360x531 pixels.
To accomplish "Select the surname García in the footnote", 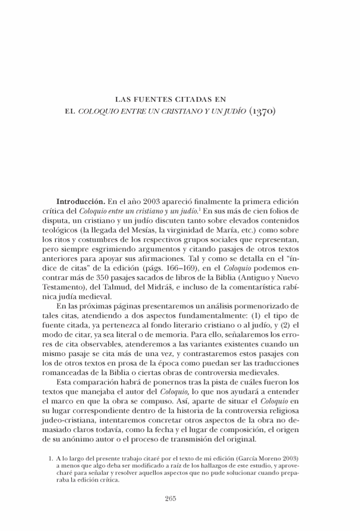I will coord(244,459).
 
